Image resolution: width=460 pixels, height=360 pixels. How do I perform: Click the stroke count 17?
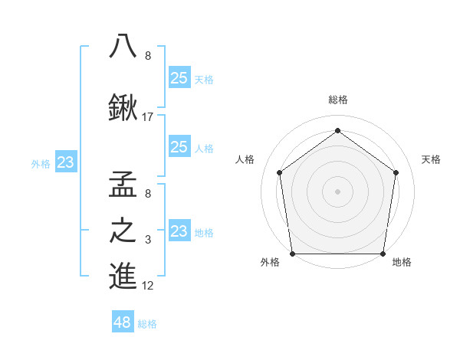[149, 117]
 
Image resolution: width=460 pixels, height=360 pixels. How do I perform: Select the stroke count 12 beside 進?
[149, 286]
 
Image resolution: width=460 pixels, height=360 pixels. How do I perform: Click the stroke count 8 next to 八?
[148, 56]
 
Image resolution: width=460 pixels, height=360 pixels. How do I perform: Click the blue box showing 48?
[123, 322]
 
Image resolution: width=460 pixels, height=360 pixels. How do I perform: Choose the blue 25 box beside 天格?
[179, 77]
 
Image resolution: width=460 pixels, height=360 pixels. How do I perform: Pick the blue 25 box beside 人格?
[179, 147]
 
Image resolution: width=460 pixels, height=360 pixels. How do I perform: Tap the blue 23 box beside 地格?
[179, 231]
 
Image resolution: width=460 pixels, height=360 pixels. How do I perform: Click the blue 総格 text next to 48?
[147, 324]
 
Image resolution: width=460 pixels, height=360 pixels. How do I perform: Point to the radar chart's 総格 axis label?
[338, 100]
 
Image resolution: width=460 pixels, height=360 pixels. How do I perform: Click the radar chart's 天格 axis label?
[432, 159]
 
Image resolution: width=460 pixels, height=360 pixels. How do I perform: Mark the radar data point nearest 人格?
[279, 172]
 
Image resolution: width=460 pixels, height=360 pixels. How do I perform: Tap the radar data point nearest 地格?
[383, 254]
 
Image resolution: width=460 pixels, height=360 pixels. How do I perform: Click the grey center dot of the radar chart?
[338, 191]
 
